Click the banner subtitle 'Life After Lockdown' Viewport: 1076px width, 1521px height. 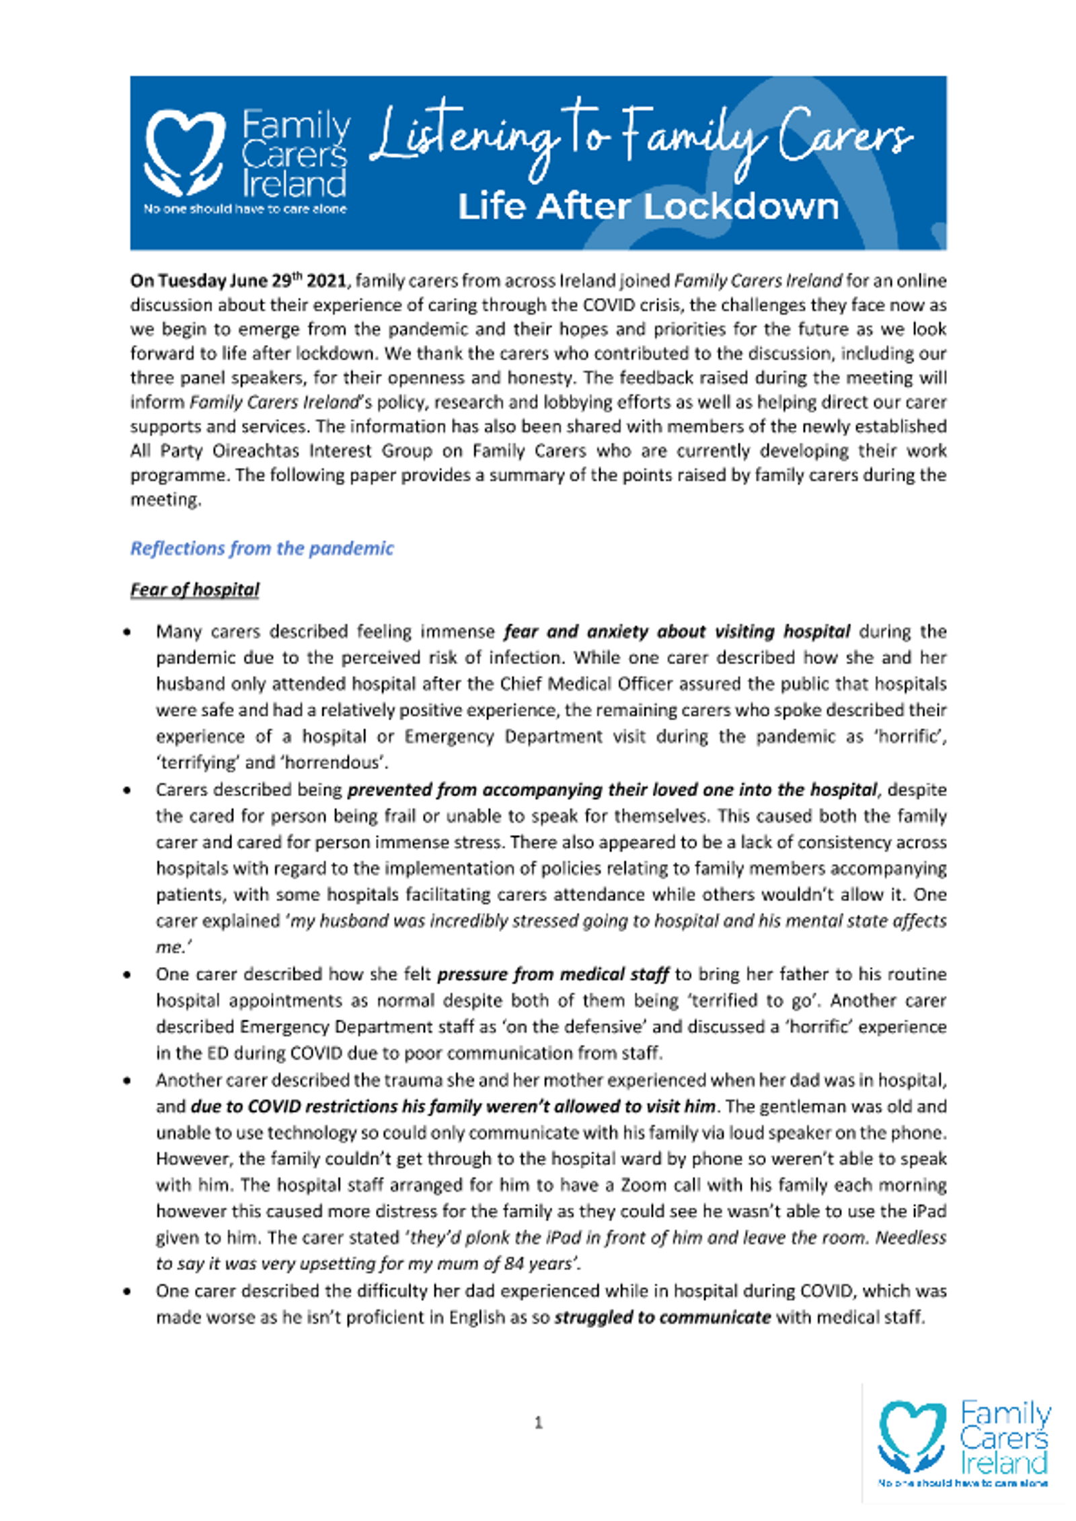point(648,206)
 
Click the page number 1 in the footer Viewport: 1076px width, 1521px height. point(538,1421)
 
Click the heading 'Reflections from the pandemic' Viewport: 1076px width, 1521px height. point(262,548)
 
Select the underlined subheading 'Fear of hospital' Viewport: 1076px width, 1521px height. point(194,590)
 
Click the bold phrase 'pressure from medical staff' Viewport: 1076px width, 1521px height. point(553,974)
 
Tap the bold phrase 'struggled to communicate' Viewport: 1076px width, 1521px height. point(662,1317)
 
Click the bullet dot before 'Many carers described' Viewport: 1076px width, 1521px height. point(127,632)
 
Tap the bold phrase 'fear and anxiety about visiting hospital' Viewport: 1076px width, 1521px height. point(677,631)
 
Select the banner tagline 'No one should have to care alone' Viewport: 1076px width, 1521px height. point(245,209)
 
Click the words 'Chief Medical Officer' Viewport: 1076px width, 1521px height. point(586,684)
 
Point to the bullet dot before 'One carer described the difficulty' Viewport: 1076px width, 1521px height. point(127,1292)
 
